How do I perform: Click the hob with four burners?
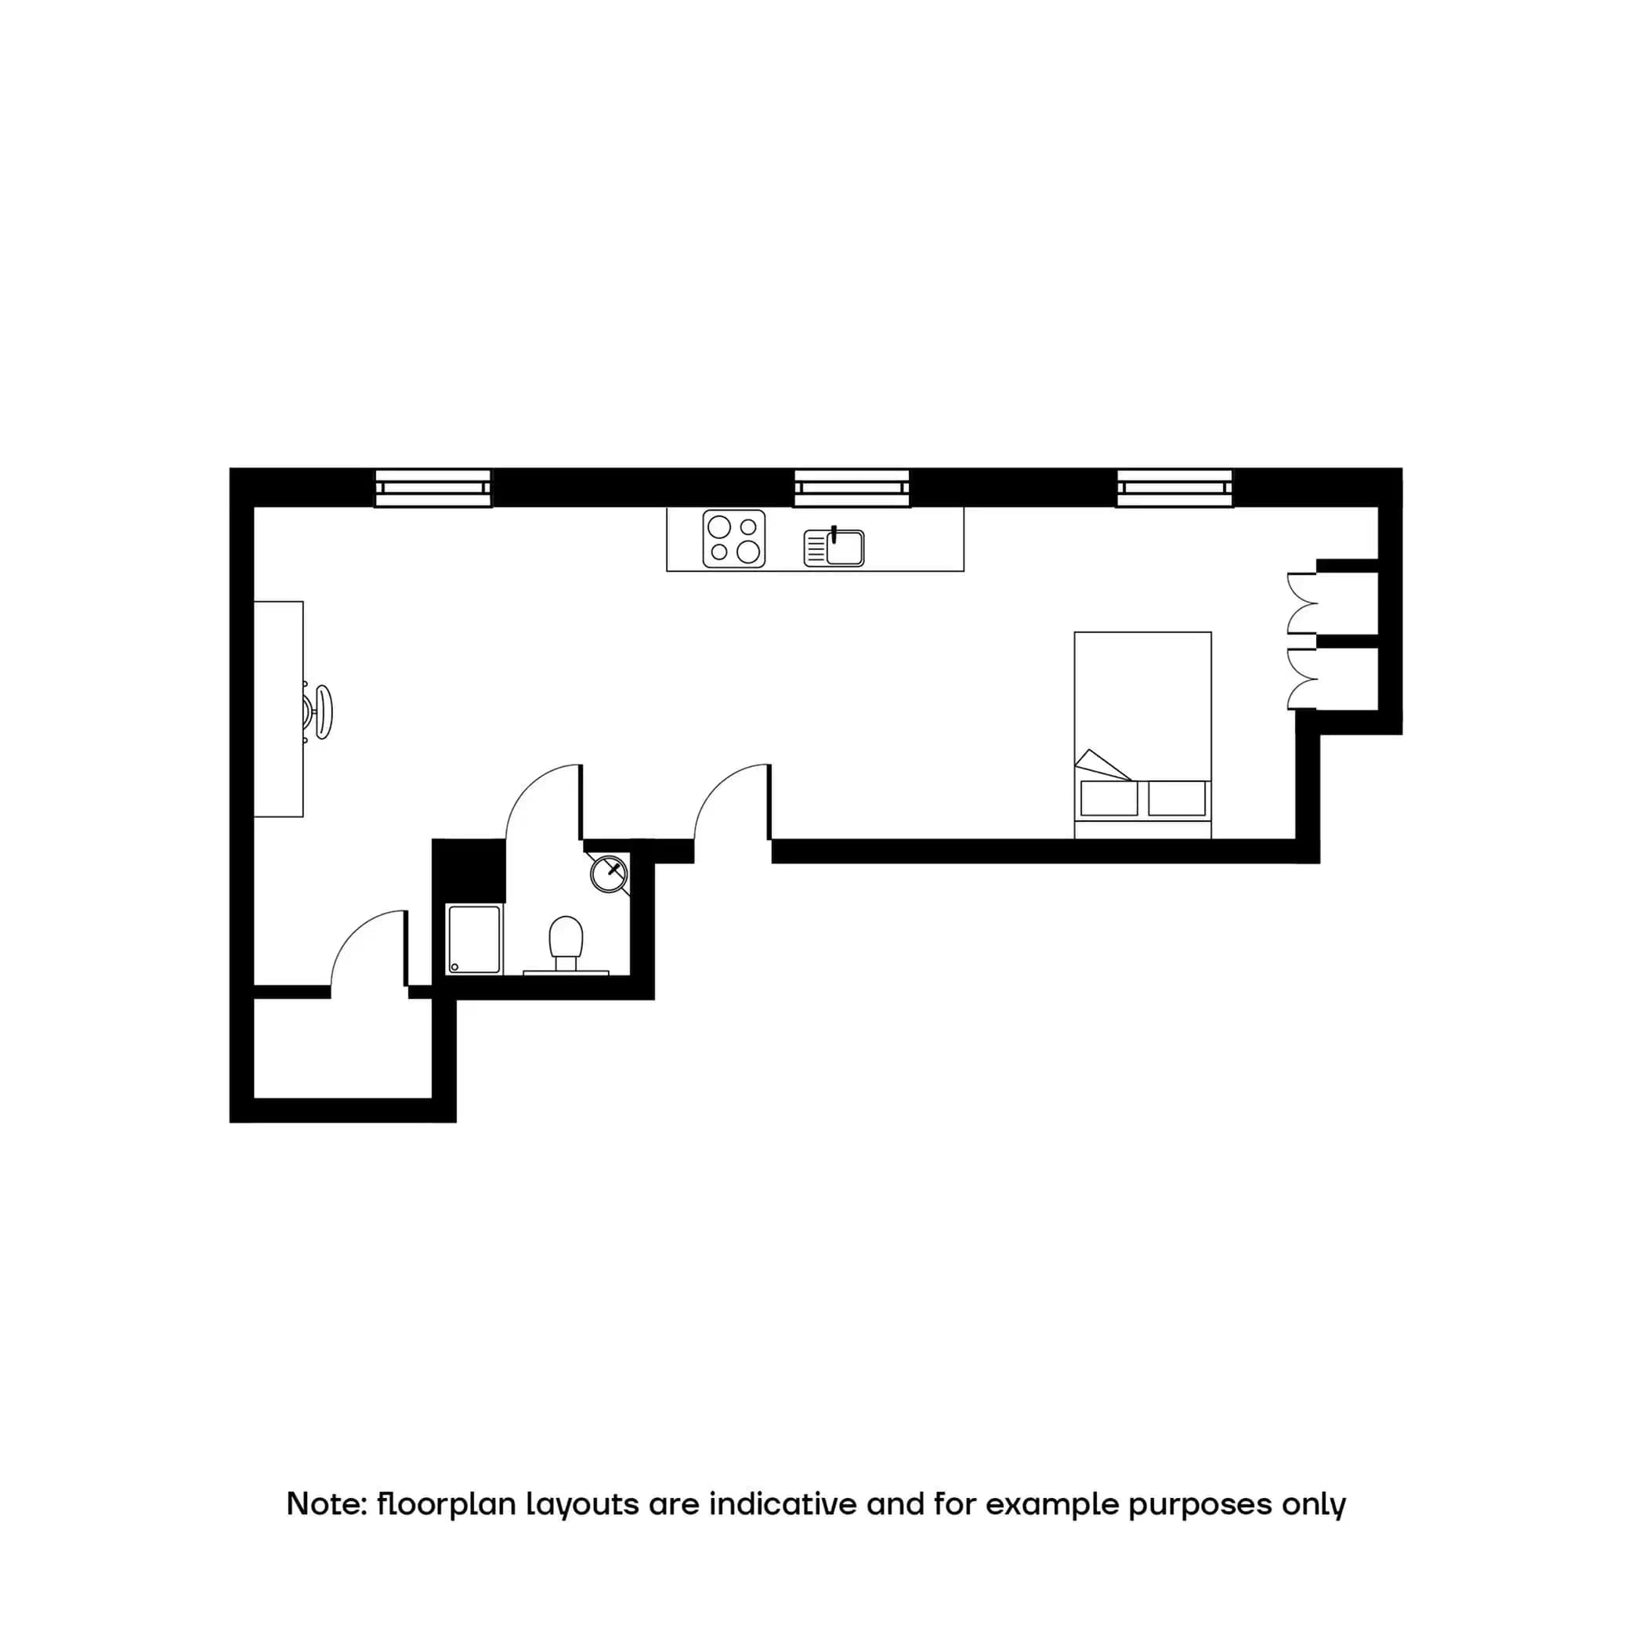733,539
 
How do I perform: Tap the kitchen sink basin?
844,548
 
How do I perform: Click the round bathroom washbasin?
608,874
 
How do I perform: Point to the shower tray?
474,939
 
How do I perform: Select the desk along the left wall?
278,709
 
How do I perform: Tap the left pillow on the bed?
1109,798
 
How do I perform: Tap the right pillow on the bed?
1177,798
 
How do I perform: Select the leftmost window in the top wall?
432,488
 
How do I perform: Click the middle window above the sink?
852,488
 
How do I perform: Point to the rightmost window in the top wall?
1174,488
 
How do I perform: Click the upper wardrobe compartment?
1347,603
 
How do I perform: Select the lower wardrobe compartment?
1347,678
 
